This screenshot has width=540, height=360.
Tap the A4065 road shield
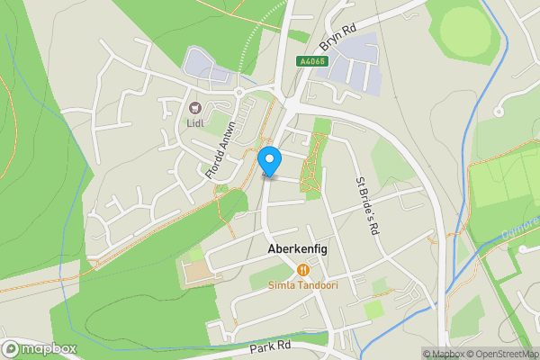pos(311,61)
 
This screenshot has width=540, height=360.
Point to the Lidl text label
pos(196,123)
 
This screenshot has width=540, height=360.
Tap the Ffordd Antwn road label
pos(220,150)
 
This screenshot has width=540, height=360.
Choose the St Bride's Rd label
pos(364,206)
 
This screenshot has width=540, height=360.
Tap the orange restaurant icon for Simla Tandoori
pos(302,269)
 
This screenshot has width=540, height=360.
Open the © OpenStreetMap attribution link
pos(508,354)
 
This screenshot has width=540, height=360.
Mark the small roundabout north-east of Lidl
pos(240,91)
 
